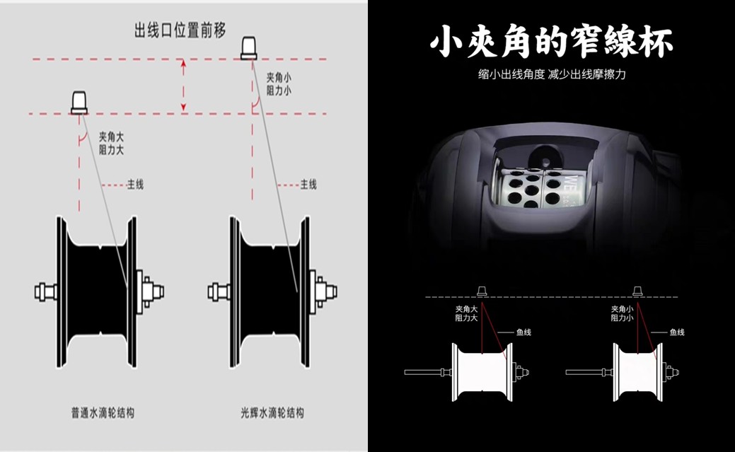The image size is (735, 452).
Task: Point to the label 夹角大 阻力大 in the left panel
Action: tap(111, 144)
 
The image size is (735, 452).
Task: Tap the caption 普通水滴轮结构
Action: tap(103, 412)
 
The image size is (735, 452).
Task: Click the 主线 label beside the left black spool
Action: tap(135, 185)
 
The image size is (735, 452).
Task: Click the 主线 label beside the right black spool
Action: tap(308, 185)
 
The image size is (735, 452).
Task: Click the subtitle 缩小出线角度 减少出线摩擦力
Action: tap(552, 74)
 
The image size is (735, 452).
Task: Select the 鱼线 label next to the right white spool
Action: tap(676, 332)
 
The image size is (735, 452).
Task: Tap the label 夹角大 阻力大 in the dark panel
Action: tap(466, 313)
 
